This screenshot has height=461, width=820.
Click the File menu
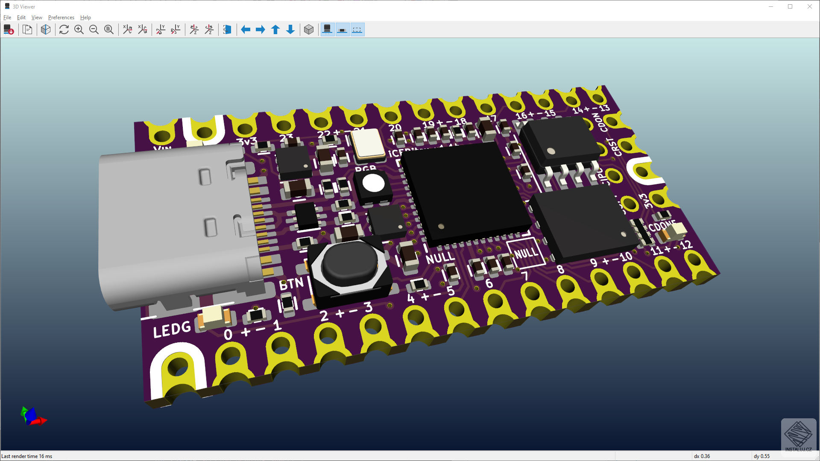pos(7,18)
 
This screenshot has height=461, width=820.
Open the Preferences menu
pos(61,18)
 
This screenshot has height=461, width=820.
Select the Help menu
pos(85,18)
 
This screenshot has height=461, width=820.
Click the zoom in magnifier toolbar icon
pos(79,29)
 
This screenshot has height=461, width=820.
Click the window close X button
pos(810,6)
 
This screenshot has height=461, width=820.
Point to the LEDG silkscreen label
pos(172,330)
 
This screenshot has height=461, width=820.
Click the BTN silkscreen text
pos(291,284)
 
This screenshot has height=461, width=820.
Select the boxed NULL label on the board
pos(526,253)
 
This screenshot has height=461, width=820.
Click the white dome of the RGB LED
pos(374,184)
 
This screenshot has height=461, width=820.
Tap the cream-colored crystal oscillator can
pos(367,143)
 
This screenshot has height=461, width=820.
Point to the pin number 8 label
pos(561,269)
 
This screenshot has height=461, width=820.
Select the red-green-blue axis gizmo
pos(32,417)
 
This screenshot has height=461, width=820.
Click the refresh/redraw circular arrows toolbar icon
pos(64,29)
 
